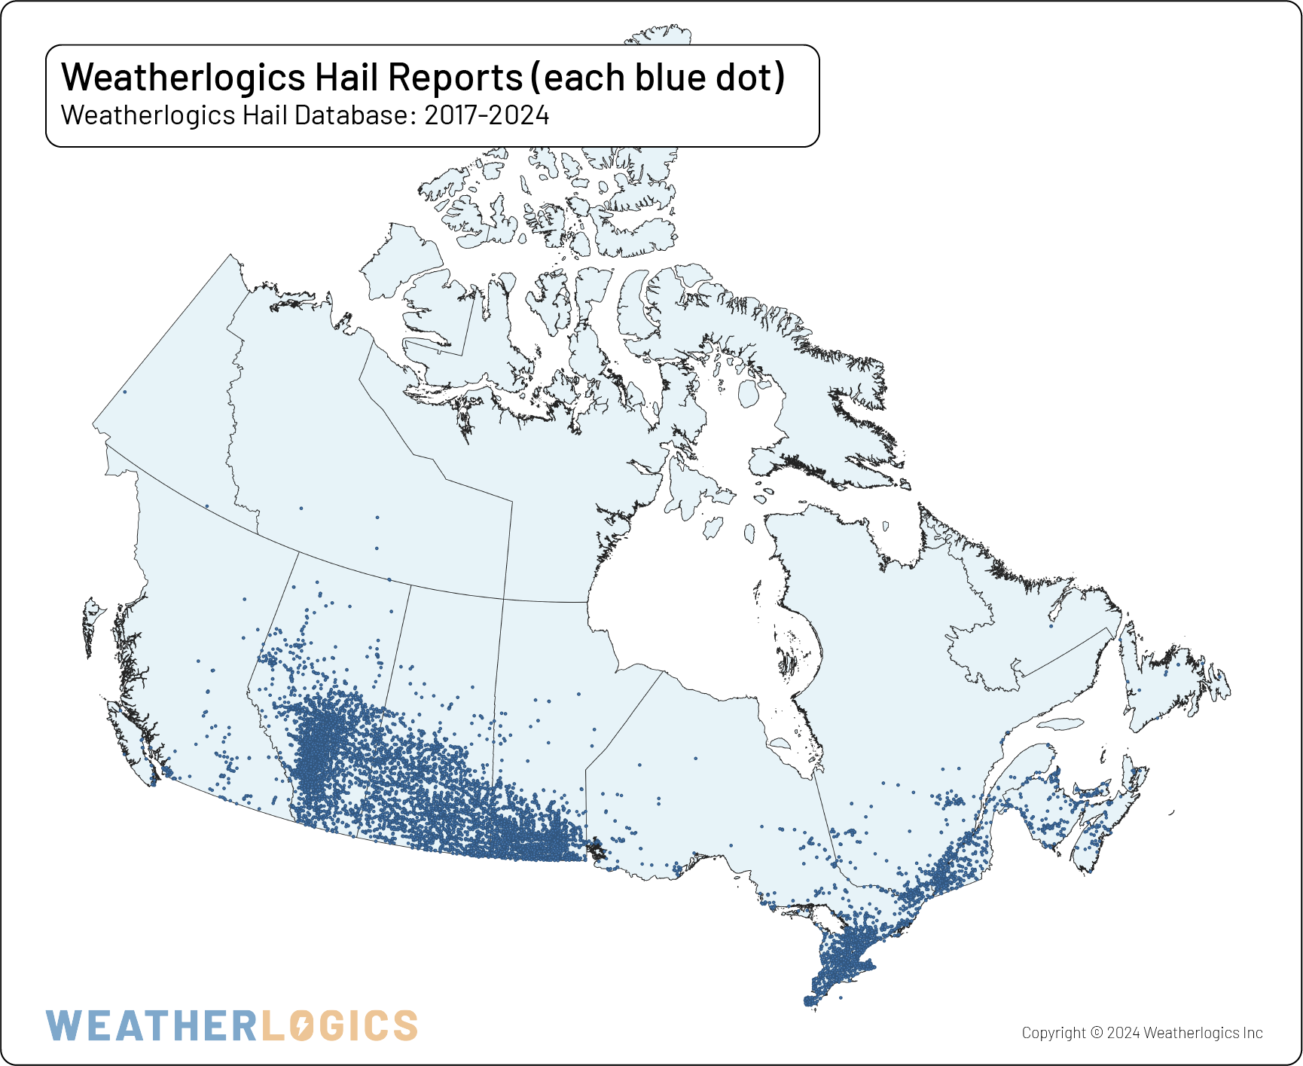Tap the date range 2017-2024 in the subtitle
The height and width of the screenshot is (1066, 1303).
point(487,115)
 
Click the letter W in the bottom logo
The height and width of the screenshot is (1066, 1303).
point(63,1026)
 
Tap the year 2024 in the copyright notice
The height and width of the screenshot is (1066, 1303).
point(1123,1033)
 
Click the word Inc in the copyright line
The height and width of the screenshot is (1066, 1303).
point(1253,1033)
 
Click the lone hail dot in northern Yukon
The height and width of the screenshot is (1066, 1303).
point(124,392)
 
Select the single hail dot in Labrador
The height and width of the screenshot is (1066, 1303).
point(1051,625)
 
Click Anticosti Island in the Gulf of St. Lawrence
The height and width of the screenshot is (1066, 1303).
point(1060,725)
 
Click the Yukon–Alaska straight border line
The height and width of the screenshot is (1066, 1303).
point(162,339)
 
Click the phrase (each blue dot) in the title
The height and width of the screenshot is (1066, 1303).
point(663,77)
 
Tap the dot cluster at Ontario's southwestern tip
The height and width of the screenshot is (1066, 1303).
point(810,1001)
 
